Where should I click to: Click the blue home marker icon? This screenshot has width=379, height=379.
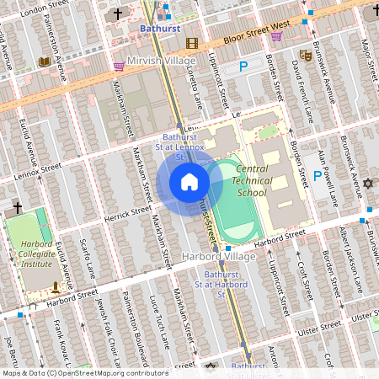189,182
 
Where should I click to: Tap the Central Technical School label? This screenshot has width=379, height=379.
252,180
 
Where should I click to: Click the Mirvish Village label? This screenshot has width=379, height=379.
160,61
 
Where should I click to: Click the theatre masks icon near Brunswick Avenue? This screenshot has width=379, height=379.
306,56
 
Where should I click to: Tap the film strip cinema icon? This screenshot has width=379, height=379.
192,43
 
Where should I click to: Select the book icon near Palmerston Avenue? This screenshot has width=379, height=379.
45,61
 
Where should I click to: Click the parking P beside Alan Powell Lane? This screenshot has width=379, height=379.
318,176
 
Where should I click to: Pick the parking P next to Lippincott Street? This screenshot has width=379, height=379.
244,67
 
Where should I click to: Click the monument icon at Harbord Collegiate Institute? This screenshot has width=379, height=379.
56,286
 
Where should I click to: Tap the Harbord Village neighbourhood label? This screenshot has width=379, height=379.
218,256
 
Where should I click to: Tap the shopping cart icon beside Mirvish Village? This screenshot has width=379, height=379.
119,66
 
